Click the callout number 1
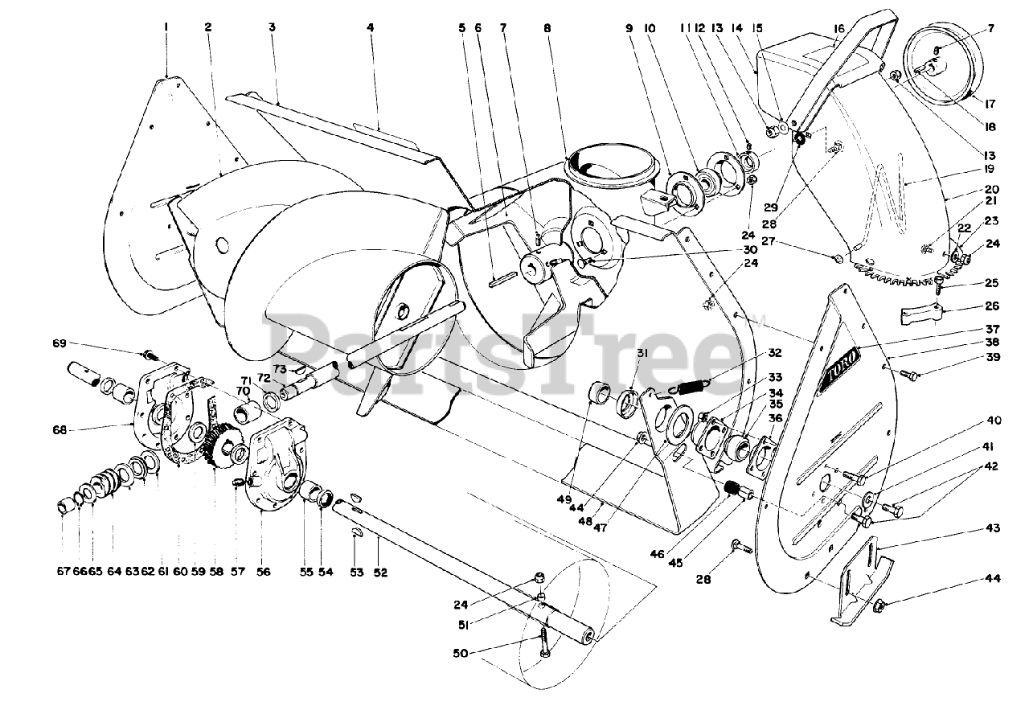(x=166, y=27)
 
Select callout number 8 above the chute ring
(x=547, y=27)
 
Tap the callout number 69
(x=59, y=344)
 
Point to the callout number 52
(x=380, y=572)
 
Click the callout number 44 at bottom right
(x=994, y=579)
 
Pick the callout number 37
(x=994, y=329)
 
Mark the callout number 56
(x=264, y=572)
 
